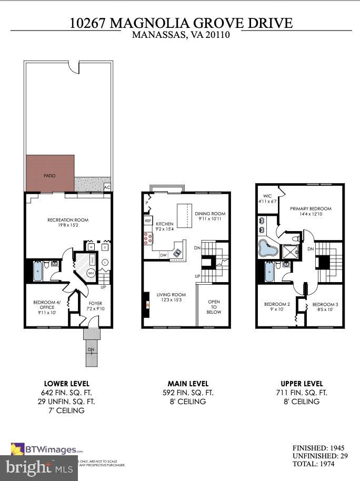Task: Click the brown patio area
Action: coord(49,174)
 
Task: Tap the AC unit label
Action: coord(107,187)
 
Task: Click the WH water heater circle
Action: coord(91,273)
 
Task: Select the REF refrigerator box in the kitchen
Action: coord(148,221)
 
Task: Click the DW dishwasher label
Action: coord(164,255)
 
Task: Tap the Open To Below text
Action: coord(214,306)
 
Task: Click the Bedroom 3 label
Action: coord(325,307)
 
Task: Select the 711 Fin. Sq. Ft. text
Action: coord(302,393)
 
